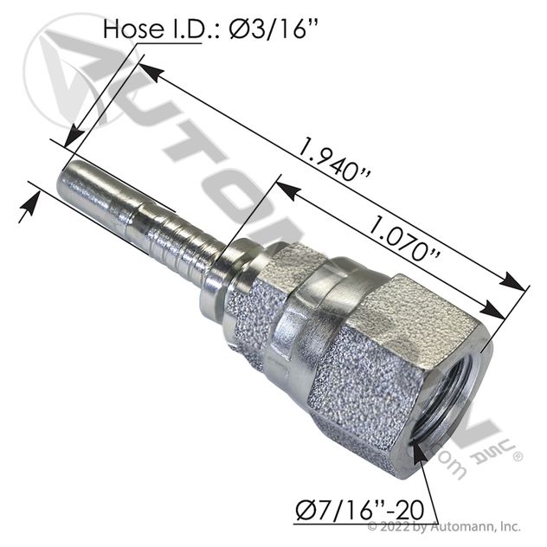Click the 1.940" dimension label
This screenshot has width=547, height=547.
[335, 160]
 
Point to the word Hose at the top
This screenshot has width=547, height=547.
[132, 29]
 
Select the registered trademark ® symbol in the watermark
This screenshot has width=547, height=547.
[517, 456]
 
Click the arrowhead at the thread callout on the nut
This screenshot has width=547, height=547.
[418, 454]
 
